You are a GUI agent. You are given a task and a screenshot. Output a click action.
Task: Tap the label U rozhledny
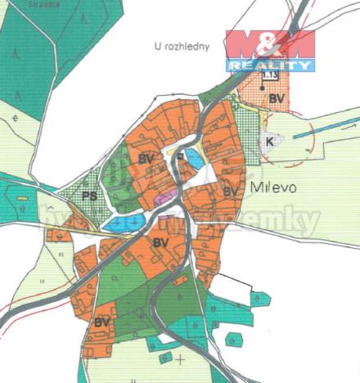tap(182, 47)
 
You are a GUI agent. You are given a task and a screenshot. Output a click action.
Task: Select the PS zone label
tap(90, 196)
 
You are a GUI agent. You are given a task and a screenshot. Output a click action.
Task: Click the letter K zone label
tap(270, 140)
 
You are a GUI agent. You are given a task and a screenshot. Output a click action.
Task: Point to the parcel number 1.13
tap(268, 76)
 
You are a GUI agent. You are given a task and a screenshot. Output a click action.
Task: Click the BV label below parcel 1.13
tap(277, 99)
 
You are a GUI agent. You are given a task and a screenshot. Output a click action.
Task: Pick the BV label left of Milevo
tap(231, 191)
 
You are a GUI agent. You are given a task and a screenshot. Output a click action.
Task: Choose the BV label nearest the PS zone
tap(147, 157)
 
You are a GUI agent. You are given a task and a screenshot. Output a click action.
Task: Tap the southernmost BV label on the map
tap(101, 322)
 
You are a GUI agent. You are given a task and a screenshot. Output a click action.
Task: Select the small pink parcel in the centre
tap(164, 197)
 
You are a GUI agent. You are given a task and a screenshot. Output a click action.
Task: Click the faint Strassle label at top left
tap(25, 4)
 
